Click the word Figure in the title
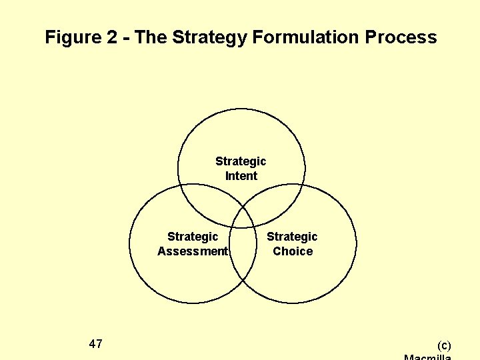(x=73, y=37)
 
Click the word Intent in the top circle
(x=241, y=176)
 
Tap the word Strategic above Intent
(x=241, y=161)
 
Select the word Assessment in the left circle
(x=193, y=251)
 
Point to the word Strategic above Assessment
(x=193, y=237)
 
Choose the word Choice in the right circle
(x=293, y=251)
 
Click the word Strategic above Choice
(x=292, y=237)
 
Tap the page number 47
(x=95, y=344)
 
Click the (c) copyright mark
(x=444, y=345)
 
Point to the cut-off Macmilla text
(x=428, y=357)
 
